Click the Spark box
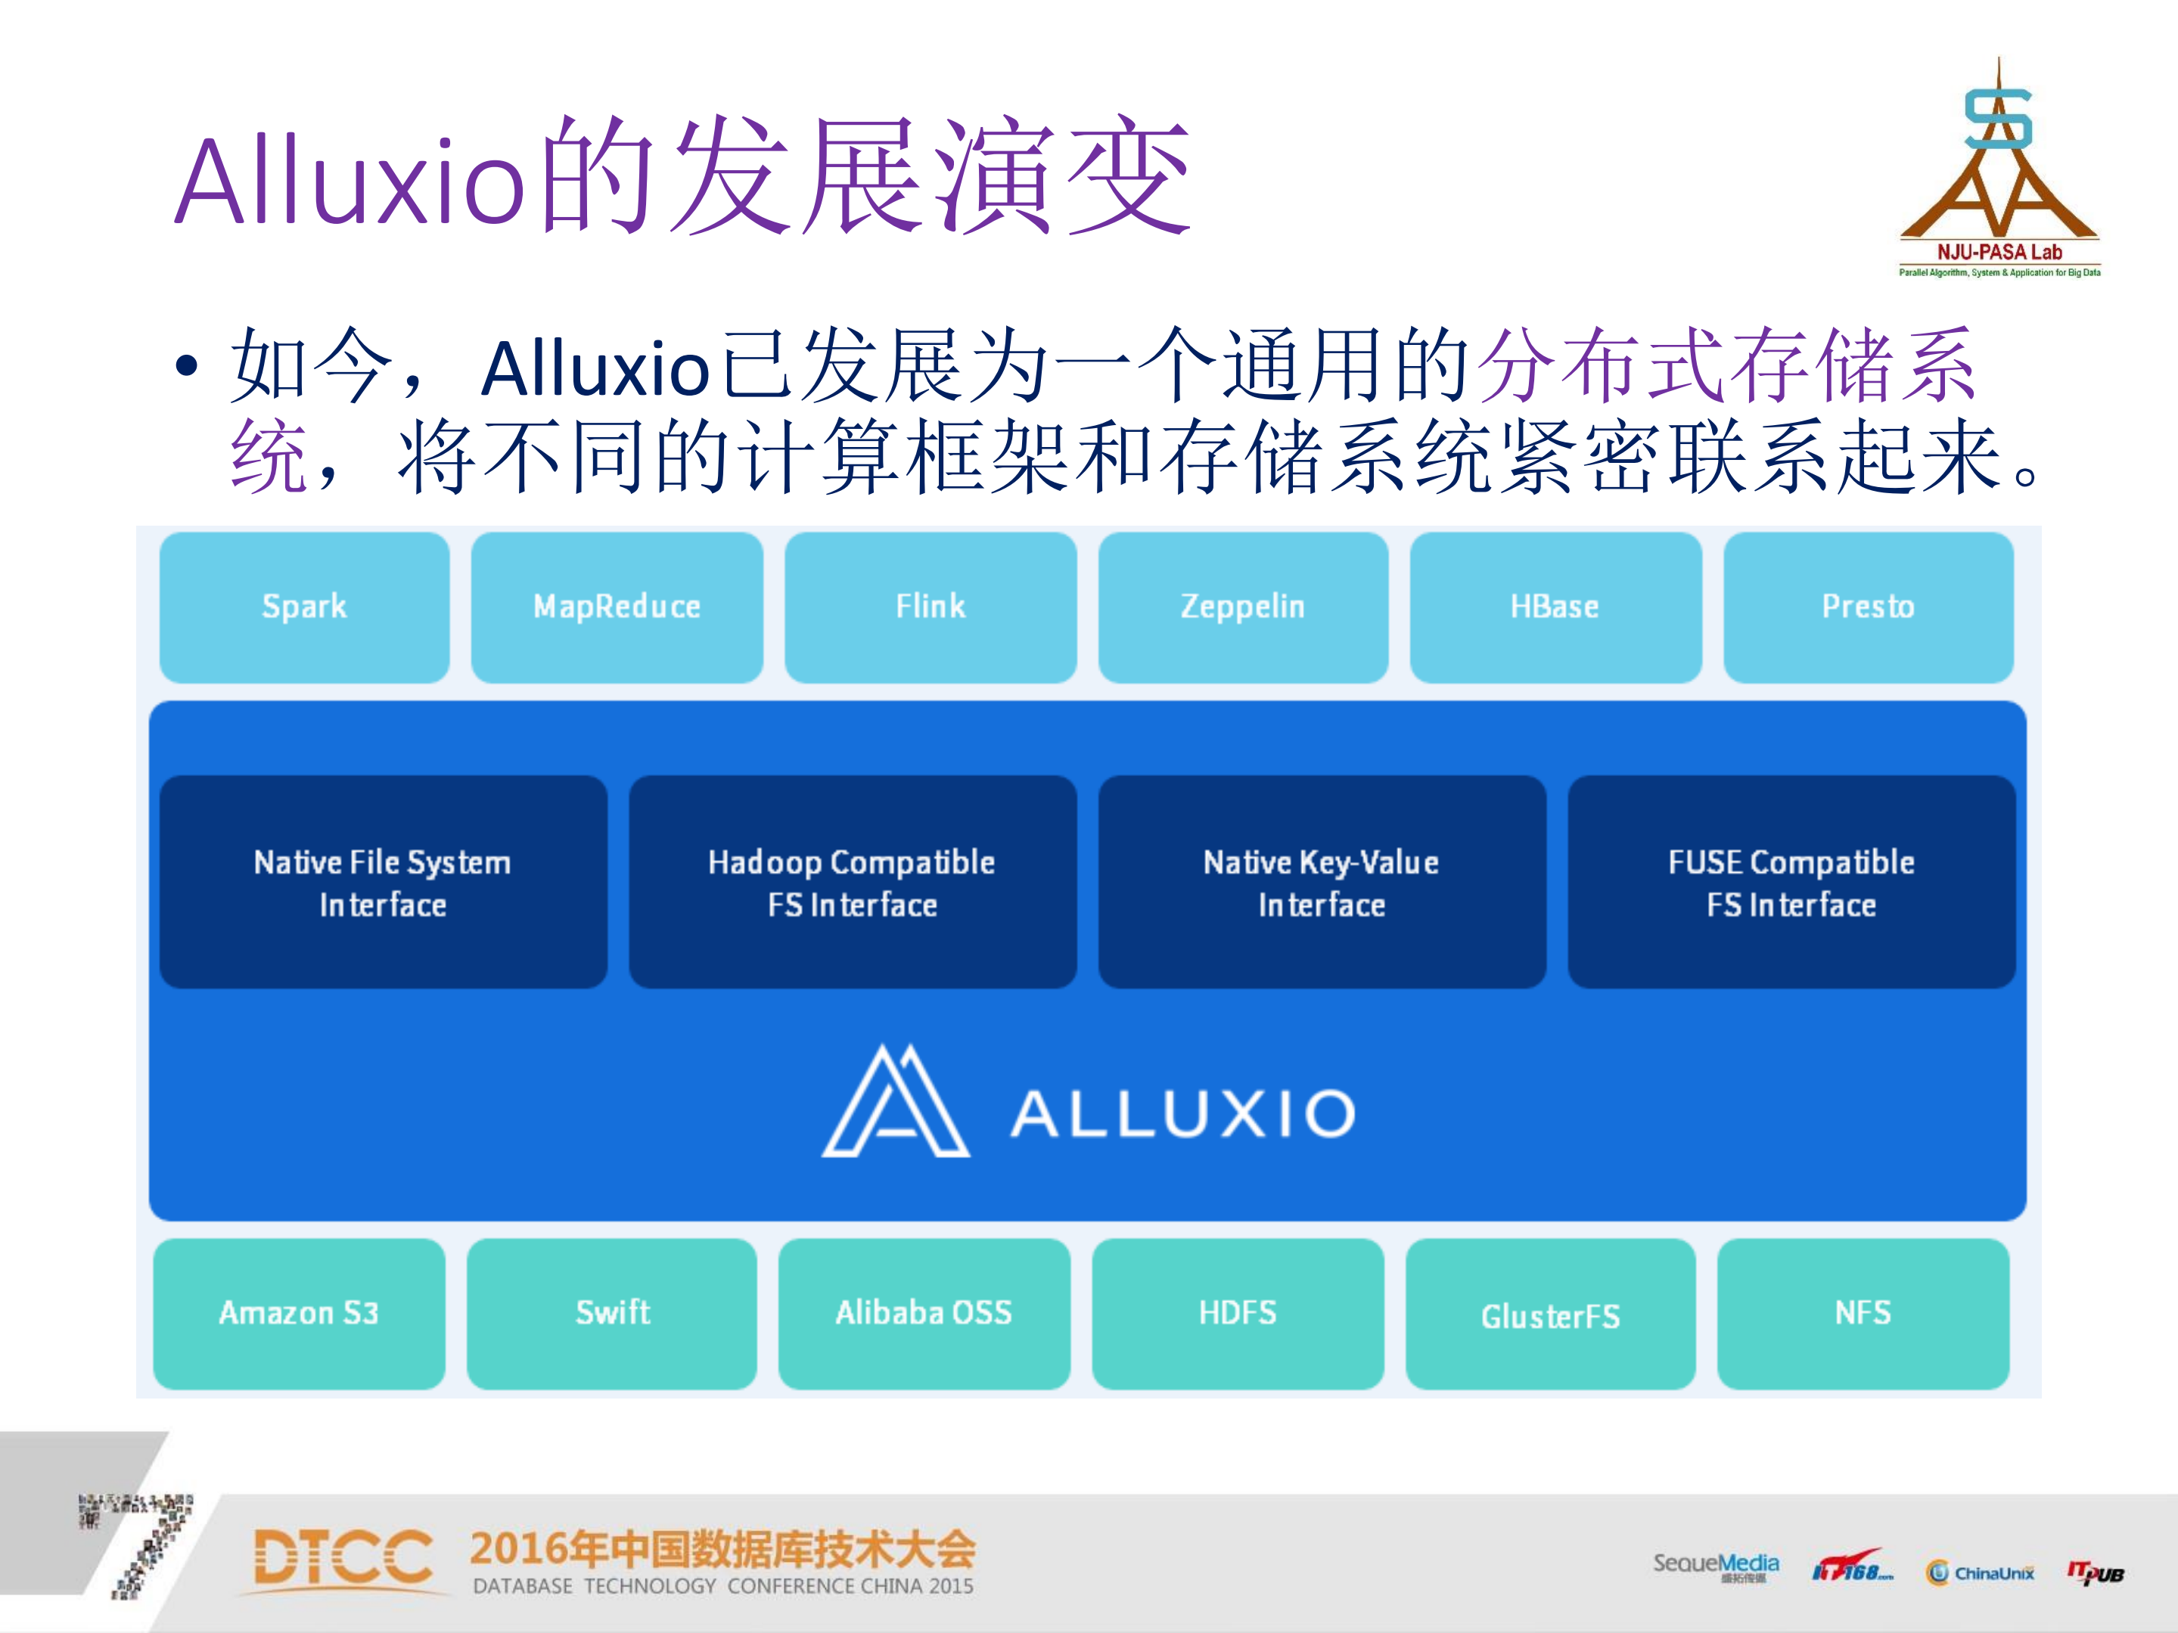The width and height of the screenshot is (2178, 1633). click(x=304, y=607)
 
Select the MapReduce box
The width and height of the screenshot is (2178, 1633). click(x=617, y=607)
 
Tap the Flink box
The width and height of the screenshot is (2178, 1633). click(x=931, y=607)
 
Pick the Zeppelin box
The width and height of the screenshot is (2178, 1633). click(x=1243, y=607)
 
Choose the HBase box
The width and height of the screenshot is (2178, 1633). click(x=1555, y=607)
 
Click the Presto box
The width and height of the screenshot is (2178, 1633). click(x=1868, y=607)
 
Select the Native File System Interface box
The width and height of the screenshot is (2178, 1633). click(x=383, y=882)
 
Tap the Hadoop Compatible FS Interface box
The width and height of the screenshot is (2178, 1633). click(x=853, y=882)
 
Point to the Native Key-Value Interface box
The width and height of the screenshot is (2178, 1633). click(x=1322, y=882)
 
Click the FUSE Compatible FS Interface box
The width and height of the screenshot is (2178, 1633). click(x=1791, y=882)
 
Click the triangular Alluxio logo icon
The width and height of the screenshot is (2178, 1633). click(x=895, y=1103)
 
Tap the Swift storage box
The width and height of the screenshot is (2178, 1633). click(x=611, y=1313)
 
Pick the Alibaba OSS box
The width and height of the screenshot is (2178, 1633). click(x=924, y=1313)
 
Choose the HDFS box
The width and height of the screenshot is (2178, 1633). click(x=1238, y=1313)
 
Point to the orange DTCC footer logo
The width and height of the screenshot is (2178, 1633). click(x=343, y=1558)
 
